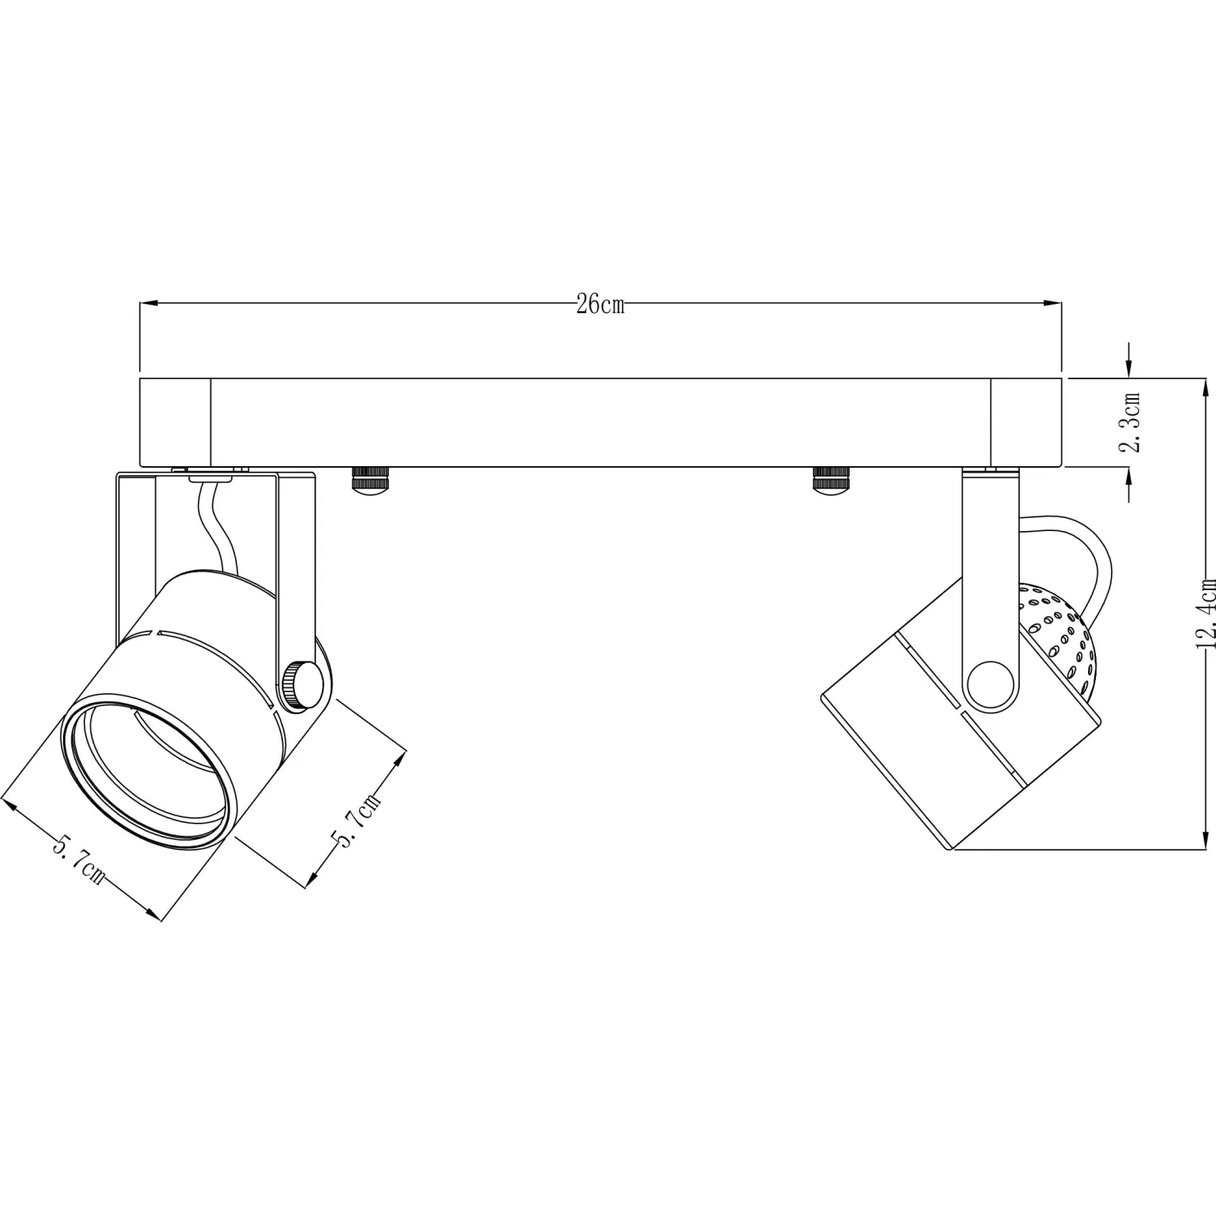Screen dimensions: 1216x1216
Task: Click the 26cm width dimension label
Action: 601,305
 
